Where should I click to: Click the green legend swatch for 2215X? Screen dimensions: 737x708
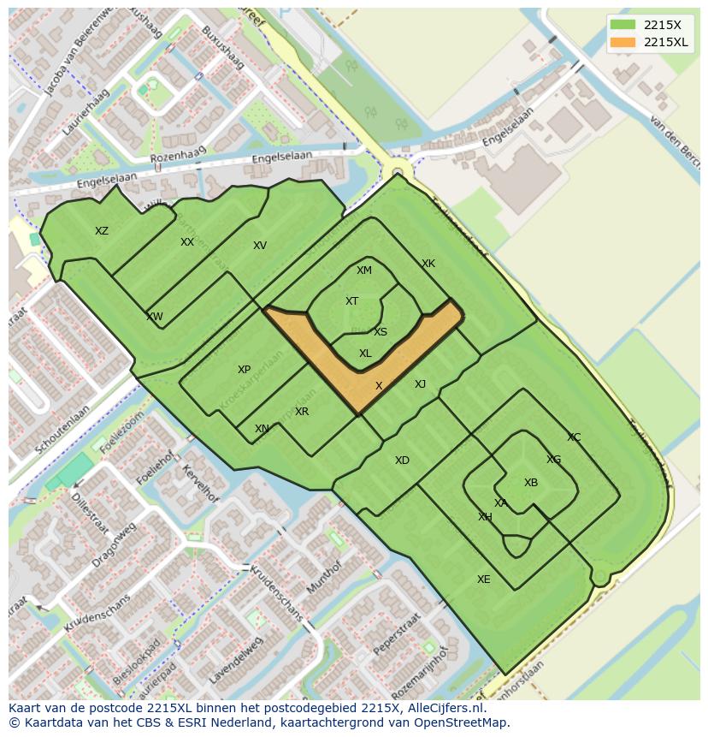pos(622,25)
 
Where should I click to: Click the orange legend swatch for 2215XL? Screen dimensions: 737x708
pos(622,42)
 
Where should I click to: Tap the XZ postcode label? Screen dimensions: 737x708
pos(102,231)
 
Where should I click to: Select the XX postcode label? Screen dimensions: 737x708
pos(187,242)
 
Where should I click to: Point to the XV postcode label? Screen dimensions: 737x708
pos(260,246)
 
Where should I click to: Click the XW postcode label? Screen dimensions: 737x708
pos(154,317)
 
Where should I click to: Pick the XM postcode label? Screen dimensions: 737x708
pos(364,270)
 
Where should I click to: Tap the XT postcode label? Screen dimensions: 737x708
pos(351,301)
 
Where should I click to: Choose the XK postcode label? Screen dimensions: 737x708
pos(428,264)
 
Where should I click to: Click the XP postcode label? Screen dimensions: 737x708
pos(244,370)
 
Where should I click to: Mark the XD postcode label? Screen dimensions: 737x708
pos(402,461)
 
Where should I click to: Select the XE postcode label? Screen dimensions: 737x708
pos(484,579)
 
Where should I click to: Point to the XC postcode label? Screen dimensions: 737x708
pos(574,437)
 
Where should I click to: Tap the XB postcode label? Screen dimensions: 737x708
pos(531,483)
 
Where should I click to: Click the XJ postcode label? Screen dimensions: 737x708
pos(420,384)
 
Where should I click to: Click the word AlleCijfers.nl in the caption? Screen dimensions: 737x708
pos(444,708)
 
